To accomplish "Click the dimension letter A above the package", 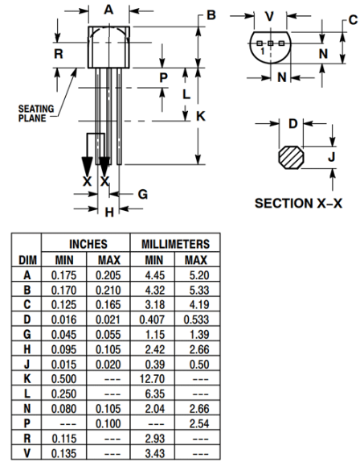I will coord(108,10).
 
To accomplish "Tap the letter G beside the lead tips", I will coord(142,194).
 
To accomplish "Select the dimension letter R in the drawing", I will coord(59,54).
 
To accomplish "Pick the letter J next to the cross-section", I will coord(331,156).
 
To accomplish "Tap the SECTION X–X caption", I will coord(298,203).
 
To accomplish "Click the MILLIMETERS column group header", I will coord(175,244).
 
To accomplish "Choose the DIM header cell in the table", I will coord(24,260).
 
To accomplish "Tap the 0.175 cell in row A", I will coord(64,275).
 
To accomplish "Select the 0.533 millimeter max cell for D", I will coord(195,319).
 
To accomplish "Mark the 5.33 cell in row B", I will coord(195,290).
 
